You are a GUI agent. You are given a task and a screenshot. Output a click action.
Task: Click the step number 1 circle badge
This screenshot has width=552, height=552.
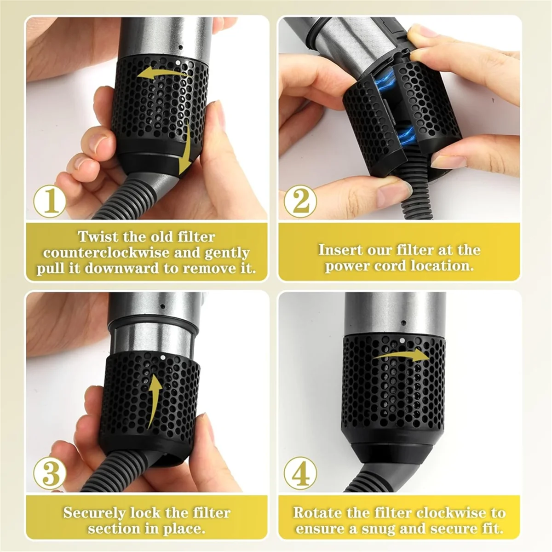click(50, 201)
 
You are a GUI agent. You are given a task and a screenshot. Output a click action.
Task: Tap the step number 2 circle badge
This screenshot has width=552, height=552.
click(300, 201)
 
